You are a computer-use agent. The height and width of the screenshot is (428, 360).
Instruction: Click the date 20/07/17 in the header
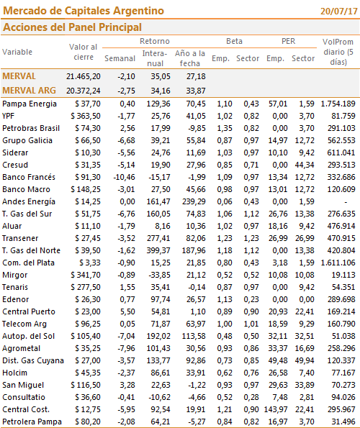(339, 12)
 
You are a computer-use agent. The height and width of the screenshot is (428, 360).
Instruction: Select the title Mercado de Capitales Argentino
(84, 11)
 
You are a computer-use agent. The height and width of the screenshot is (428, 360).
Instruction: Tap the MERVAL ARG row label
(29, 91)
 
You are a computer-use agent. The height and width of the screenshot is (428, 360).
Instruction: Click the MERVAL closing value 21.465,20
(84, 76)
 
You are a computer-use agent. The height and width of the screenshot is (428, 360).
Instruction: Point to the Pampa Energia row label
(30, 104)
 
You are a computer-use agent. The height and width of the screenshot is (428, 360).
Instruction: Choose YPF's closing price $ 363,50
(86, 116)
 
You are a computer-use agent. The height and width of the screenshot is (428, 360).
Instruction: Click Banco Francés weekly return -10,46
(125, 177)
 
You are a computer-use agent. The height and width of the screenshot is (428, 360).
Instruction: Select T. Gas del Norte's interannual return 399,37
(158, 250)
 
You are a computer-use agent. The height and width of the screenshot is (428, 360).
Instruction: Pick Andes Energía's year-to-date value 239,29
(194, 201)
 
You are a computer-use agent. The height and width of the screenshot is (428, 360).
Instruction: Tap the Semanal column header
(120, 58)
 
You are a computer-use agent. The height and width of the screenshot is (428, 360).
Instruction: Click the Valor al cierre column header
(84, 52)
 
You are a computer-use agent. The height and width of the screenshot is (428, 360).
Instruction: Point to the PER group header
(289, 41)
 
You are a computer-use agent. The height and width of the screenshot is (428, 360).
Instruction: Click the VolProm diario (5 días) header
(338, 52)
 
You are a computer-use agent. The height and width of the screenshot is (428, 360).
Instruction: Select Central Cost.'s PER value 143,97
(276, 409)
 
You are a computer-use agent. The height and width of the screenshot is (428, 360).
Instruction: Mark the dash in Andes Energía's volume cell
(346, 202)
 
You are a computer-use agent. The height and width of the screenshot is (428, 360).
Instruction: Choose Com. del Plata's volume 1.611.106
(338, 263)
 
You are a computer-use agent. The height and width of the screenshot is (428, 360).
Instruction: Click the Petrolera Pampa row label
(32, 422)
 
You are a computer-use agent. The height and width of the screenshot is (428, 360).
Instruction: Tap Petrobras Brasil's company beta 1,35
(225, 128)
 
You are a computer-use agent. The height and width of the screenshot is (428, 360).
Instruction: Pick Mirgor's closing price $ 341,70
(86, 275)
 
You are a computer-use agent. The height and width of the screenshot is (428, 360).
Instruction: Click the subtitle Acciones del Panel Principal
(72, 27)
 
